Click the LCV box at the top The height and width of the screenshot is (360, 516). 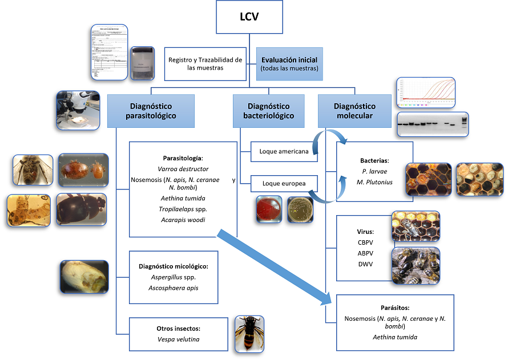[250, 17]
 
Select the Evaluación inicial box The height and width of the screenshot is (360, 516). [289, 64]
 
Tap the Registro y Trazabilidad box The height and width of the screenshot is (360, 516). [206, 64]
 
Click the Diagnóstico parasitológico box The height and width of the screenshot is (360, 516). [151, 111]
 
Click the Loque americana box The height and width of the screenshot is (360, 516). [284, 152]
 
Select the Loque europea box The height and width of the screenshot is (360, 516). [284, 184]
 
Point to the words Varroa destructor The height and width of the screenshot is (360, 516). [183, 169]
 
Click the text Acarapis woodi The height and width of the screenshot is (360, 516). [183, 220]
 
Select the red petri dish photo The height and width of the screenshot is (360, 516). [268, 209]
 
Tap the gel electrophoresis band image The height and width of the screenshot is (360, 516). [432, 123]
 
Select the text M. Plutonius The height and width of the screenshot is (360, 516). [374, 181]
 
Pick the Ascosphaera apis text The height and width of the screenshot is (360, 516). [174, 288]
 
